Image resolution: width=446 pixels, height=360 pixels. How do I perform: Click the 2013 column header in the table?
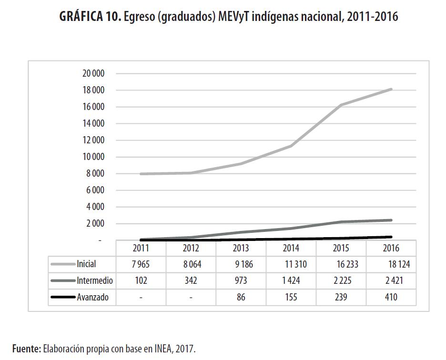[x=241, y=248]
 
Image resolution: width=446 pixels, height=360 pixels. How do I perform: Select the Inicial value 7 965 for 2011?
[x=141, y=264]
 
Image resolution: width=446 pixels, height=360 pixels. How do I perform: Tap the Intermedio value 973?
[x=241, y=281]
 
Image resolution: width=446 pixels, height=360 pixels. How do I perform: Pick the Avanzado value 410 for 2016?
[x=391, y=298]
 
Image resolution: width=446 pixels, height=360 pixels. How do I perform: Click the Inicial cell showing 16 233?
[x=341, y=264]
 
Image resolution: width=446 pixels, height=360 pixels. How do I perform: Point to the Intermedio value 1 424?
[x=291, y=281]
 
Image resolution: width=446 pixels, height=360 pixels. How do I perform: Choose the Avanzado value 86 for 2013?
[x=241, y=298]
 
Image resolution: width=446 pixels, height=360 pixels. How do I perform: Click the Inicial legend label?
[x=86, y=264]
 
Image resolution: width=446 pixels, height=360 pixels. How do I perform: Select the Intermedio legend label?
[x=95, y=281]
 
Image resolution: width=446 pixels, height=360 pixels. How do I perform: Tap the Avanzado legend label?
[x=93, y=298]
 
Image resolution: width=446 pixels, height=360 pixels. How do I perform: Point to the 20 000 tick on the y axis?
[x=93, y=74]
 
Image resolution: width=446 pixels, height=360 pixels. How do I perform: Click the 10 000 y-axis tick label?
[x=93, y=157]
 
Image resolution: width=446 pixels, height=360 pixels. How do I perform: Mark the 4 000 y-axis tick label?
[x=95, y=207]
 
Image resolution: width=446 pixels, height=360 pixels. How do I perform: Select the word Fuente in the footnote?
[x=26, y=349]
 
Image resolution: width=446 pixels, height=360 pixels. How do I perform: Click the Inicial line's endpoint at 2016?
[x=391, y=89]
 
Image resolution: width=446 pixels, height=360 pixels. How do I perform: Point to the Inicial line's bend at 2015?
[x=341, y=105]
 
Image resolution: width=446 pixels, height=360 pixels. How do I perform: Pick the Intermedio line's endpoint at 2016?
[x=391, y=220]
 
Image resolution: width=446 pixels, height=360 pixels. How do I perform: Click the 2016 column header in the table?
[x=391, y=248]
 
